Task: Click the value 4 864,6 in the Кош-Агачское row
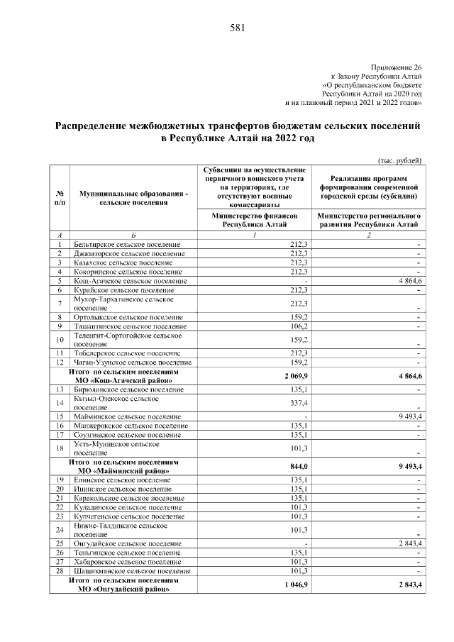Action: pos(406,281)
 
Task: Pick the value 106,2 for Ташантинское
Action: pos(297,326)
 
